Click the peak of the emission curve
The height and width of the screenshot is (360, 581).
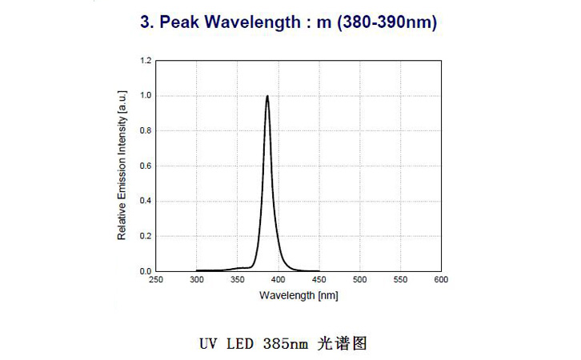coord(267,96)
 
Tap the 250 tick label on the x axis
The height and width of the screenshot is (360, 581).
coord(157,280)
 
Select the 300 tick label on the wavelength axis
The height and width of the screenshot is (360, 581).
coord(198,280)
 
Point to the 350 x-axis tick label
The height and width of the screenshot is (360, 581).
coord(238,280)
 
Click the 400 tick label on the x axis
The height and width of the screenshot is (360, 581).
coord(278,280)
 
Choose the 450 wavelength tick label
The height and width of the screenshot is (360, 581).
coord(319,280)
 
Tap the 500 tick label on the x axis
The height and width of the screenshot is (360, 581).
coord(359,280)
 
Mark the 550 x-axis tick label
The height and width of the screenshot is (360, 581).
coord(400,280)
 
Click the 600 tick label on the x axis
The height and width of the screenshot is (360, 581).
coord(440,280)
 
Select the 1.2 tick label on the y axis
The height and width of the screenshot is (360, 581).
coord(145,61)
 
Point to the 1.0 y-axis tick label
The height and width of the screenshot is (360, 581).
coord(145,96)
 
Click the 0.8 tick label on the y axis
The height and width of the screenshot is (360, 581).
coord(145,131)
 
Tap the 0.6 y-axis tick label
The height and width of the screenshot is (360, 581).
coord(145,166)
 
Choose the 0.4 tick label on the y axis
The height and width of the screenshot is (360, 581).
coord(145,201)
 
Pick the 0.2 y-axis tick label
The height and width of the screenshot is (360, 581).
coord(145,236)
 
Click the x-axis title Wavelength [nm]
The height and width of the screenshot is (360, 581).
coord(298,296)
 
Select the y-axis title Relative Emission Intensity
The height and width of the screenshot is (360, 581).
coord(122,166)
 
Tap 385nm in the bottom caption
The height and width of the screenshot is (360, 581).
coord(287,344)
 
